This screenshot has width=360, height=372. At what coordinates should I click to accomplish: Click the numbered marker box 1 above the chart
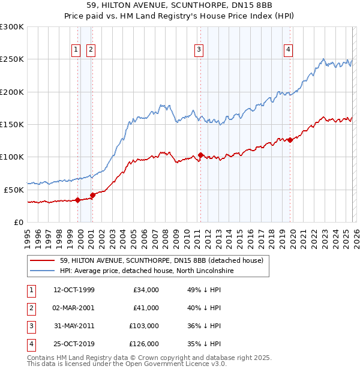pos(77,50)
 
